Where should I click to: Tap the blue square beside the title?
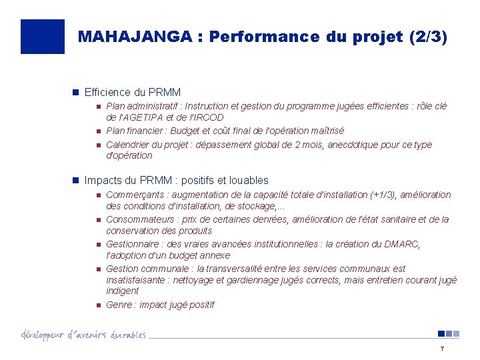43,37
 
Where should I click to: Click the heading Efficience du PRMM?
133,92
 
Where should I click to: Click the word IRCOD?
209,118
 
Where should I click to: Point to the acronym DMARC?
402,244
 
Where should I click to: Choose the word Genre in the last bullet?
119,305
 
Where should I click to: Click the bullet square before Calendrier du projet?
97,145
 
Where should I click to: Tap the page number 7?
441,349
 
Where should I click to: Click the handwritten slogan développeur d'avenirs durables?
83,334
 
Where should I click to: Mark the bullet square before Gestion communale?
97,269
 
